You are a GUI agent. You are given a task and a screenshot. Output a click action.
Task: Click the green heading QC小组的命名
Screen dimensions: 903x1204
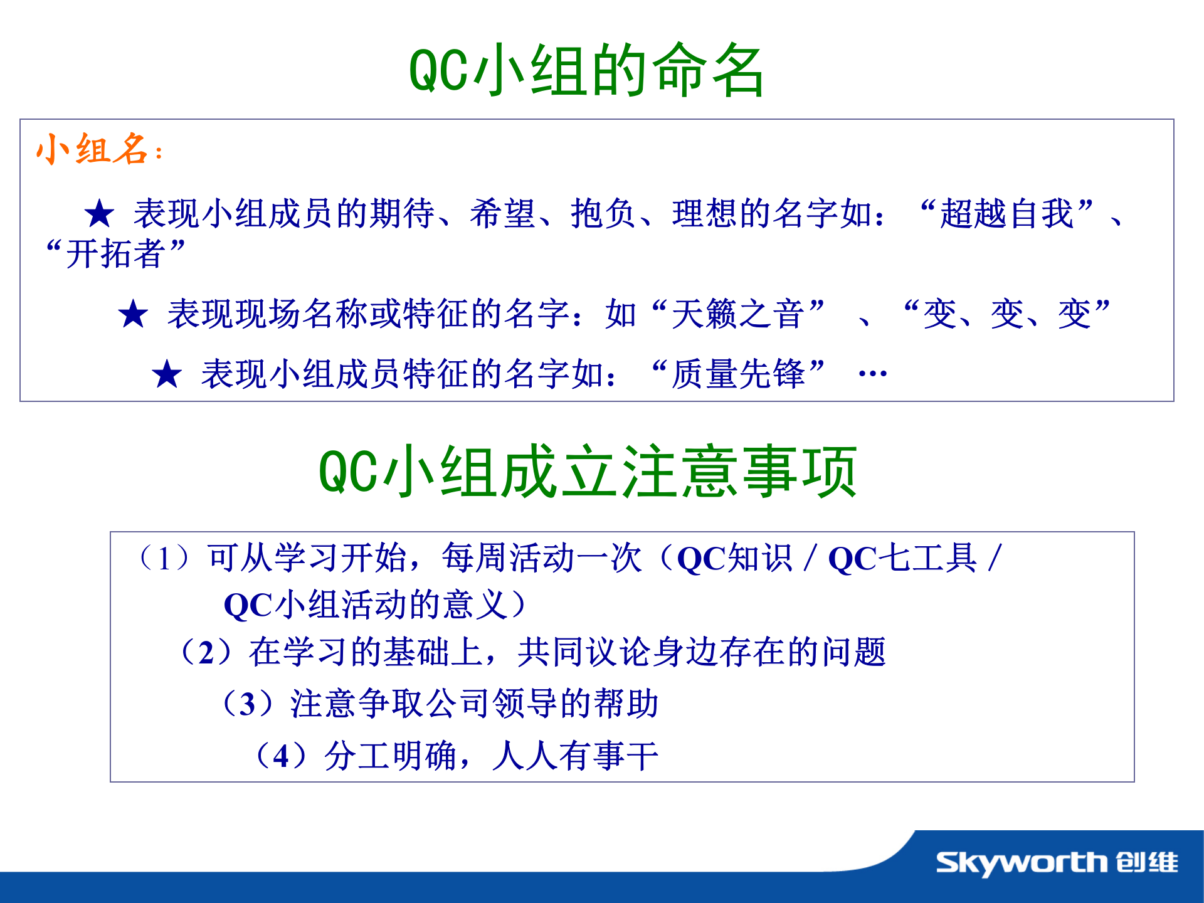[x=586, y=70]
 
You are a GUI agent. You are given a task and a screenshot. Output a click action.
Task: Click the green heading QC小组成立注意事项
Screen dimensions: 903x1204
[x=588, y=472]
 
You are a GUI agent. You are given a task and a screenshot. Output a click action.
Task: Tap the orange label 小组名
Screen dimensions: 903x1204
[x=93, y=150]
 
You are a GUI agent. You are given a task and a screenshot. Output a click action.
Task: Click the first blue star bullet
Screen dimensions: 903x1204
[x=99, y=214]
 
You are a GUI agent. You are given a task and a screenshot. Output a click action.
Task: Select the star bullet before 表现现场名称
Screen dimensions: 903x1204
[x=133, y=314]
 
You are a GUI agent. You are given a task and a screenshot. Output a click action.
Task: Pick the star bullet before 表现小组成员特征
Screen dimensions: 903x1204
[x=167, y=374]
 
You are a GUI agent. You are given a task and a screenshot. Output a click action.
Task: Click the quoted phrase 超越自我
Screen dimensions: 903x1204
[x=1006, y=214]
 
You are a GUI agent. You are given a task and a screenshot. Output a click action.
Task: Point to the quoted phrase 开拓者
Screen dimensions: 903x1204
[x=115, y=254]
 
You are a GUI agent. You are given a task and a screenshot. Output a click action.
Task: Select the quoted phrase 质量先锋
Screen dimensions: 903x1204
[x=738, y=374]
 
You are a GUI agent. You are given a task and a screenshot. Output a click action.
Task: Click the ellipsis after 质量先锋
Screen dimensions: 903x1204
[x=872, y=374]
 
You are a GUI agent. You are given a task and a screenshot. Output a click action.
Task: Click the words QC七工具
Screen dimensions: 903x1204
[x=902, y=558]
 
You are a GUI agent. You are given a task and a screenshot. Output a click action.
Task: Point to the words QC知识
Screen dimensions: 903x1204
[x=735, y=558]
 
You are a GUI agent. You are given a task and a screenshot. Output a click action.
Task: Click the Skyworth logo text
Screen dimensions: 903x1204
[x=1022, y=863]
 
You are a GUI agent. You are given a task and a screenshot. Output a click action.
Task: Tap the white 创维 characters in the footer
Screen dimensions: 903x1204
[x=1147, y=863]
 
